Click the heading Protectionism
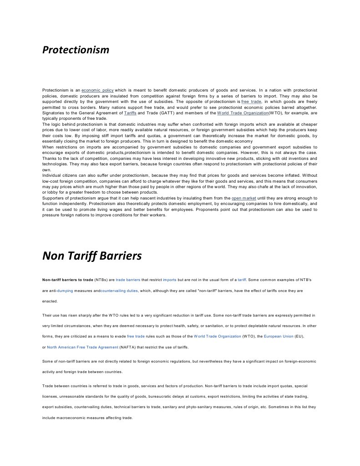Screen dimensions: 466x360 pyautogui.click(x=76, y=50)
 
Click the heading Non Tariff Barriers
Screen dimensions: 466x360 pyautogui.click(x=92, y=256)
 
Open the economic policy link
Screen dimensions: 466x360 pyautogui.click(x=97, y=91)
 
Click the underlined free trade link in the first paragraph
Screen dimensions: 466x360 pyautogui.click(x=251, y=102)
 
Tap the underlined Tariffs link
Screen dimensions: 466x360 pyautogui.click(x=130, y=113)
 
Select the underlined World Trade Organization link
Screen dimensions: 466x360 pyautogui.click(x=243, y=113)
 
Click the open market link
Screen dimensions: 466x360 pyautogui.click(x=243, y=199)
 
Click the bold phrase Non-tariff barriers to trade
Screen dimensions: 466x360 pyautogui.click(x=68, y=279)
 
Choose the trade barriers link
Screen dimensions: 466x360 pyautogui.click(x=128, y=279)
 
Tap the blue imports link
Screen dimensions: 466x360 pyautogui.click(x=169, y=279)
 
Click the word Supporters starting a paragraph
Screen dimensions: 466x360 pyautogui.click(x=54, y=199)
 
